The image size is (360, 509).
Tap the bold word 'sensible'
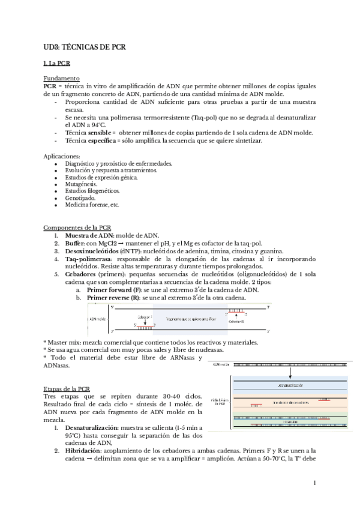click(95, 132)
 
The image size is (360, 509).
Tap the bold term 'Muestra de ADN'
click(88, 236)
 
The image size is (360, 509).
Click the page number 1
click(315, 483)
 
